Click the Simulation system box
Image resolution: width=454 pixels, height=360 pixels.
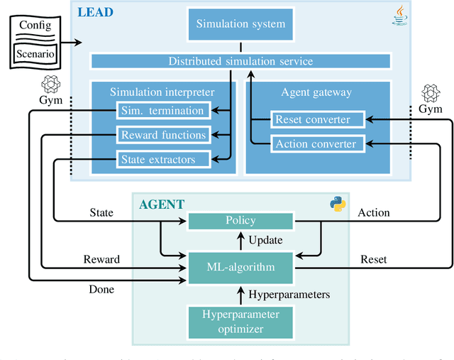[x=241, y=24]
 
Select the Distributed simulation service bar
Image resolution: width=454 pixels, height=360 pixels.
[x=240, y=61]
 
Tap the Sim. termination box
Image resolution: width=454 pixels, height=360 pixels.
[x=162, y=110]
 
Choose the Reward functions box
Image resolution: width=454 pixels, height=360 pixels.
[x=162, y=135]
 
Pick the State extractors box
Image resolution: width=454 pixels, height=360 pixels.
[x=162, y=160]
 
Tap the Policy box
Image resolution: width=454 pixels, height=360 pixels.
[x=241, y=222]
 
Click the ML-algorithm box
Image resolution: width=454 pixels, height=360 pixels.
[x=241, y=267]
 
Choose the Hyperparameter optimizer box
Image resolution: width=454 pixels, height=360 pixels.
[x=241, y=321]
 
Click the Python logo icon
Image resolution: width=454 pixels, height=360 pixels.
[x=338, y=204]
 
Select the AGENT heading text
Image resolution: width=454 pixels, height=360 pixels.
[x=161, y=204]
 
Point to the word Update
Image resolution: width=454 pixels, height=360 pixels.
[x=265, y=241]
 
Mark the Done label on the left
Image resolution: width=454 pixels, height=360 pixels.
[x=102, y=289]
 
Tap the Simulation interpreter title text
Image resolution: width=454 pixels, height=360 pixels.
[x=162, y=92]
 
